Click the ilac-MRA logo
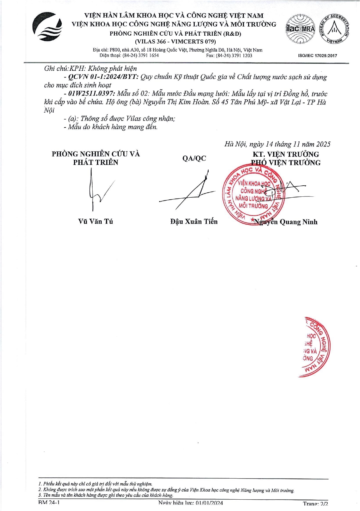click(x=300, y=29)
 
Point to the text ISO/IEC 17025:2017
click(x=317, y=56)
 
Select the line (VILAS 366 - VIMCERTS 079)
click(x=175, y=42)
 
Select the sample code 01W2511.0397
click(x=91, y=94)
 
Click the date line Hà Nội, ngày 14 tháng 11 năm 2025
click(x=277, y=144)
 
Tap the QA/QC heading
click(x=194, y=158)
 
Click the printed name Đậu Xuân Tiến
click(x=194, y=222)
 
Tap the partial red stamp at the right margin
click(x=314, y=347)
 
